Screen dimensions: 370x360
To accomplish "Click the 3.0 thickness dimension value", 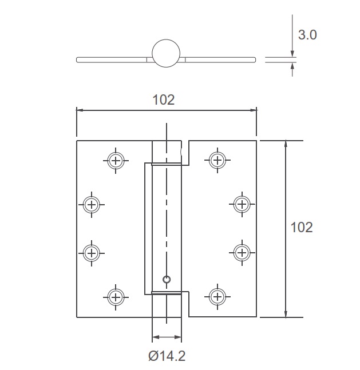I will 307,35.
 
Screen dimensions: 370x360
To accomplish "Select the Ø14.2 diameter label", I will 167,356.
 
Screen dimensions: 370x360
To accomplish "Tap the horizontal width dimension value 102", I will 163,100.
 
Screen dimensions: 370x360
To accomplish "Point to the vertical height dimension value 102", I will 302,227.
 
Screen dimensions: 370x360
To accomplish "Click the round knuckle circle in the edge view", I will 167,53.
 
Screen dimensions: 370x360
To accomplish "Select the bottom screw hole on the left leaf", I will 116,296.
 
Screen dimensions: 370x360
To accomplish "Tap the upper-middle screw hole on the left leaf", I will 91,204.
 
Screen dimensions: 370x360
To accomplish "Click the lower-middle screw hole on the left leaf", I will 91,252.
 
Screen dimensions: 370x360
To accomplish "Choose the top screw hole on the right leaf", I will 217,160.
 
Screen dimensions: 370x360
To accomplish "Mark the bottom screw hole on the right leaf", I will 217,296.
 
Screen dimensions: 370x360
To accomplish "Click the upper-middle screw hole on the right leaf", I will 242,204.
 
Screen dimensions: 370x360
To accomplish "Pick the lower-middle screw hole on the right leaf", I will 242,252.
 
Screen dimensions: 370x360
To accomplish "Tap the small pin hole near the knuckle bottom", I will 167,280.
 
